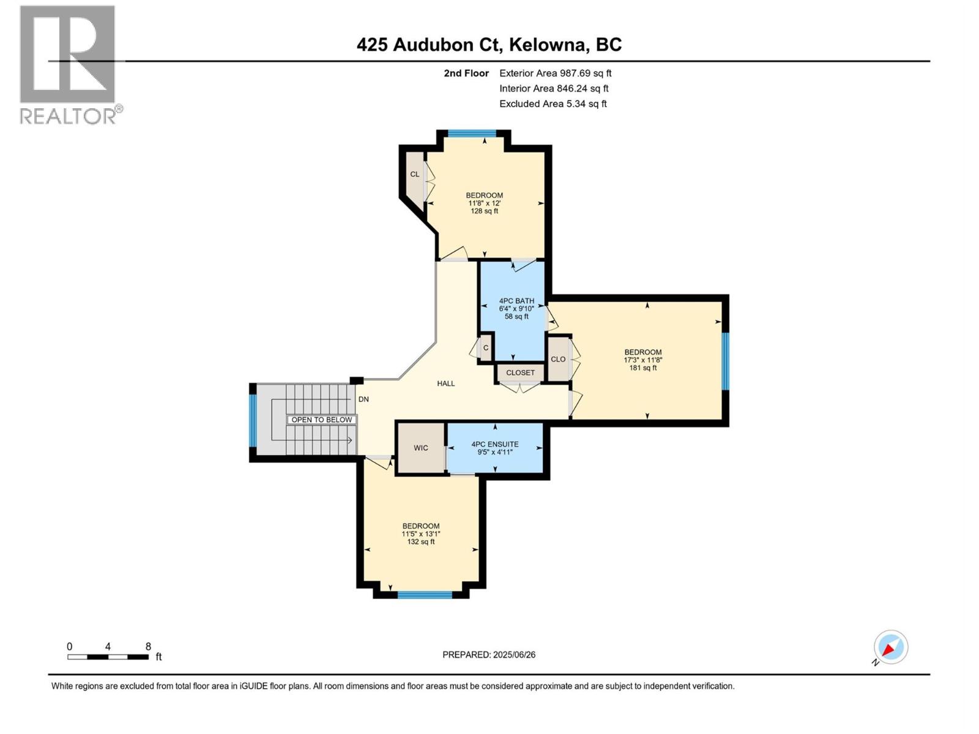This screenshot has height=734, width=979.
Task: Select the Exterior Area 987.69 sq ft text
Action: pos(555,73)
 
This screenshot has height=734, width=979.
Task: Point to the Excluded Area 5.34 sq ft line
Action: pos(553,103)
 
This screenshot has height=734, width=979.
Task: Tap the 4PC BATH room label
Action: pos(516,301)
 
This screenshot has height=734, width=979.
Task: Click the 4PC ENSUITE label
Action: pos(494,444)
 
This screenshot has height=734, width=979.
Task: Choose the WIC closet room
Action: pos(420,448)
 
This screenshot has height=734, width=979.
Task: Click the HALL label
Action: pos(445,384)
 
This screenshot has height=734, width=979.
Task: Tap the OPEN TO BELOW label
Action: pos(321,420)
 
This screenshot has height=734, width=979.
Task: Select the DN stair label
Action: pos(363,399)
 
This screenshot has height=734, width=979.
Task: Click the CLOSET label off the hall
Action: pos(520,373)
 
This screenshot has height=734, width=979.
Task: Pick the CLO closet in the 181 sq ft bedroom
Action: pos(558,359)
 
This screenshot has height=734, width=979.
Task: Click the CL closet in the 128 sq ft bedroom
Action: pos(415,174)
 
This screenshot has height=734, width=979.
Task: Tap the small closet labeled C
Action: pos(486,348)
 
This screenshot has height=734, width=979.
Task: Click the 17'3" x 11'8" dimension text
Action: pos(642,360)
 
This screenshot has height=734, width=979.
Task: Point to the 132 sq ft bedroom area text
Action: pos(420,542)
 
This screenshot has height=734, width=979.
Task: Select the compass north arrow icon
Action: pos(890,648)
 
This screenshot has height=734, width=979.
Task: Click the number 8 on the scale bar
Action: pos(148,647)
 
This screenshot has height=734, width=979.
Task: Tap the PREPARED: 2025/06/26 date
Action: pos(489,654)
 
